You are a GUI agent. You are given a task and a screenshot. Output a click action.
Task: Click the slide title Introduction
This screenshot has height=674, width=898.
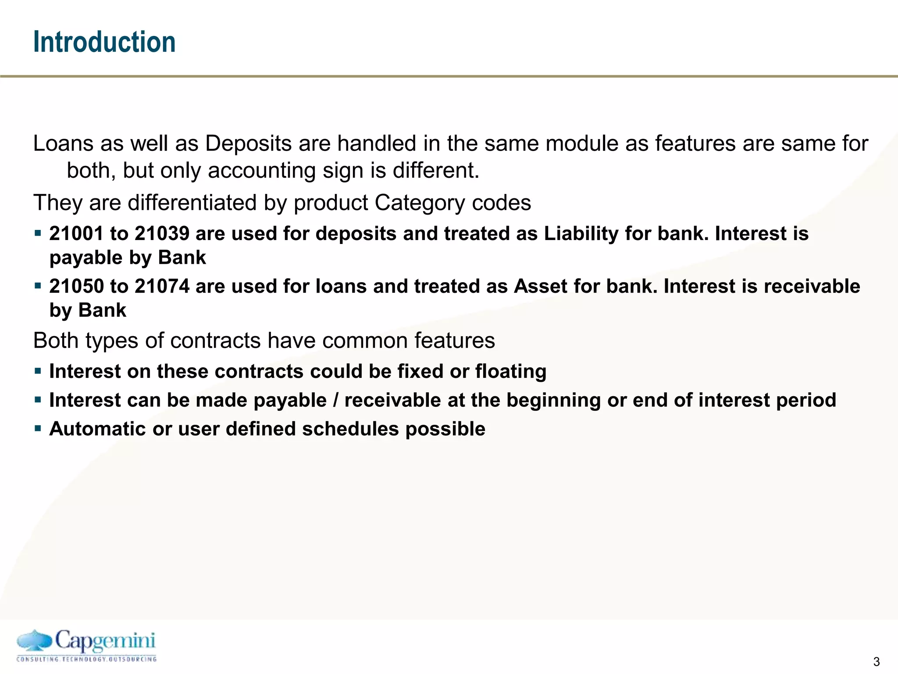coord(104,42)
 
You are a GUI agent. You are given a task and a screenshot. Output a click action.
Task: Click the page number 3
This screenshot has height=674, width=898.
coord(876,662)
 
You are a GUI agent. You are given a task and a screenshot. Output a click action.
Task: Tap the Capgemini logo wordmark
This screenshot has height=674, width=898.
coord(105,641)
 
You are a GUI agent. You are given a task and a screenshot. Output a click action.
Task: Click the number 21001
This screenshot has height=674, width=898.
coord(76,233)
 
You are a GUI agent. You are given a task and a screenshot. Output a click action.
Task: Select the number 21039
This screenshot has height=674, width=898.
coord(162,233)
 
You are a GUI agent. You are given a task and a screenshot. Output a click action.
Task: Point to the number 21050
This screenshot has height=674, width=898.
coord(76,286)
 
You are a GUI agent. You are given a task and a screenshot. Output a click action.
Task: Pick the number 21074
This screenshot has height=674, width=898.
coord(162,286)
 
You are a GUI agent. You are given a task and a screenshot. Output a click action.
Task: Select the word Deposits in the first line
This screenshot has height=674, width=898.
coord(248,143)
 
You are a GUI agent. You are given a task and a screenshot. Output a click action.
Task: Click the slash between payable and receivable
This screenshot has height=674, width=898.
coord(336,400)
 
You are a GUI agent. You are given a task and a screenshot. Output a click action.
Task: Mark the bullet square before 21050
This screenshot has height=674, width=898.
coord(38,286)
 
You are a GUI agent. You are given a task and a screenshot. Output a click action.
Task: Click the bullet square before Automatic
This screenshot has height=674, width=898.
coord(38,428)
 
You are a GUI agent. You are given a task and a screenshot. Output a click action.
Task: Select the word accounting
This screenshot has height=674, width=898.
coord(261,170)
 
